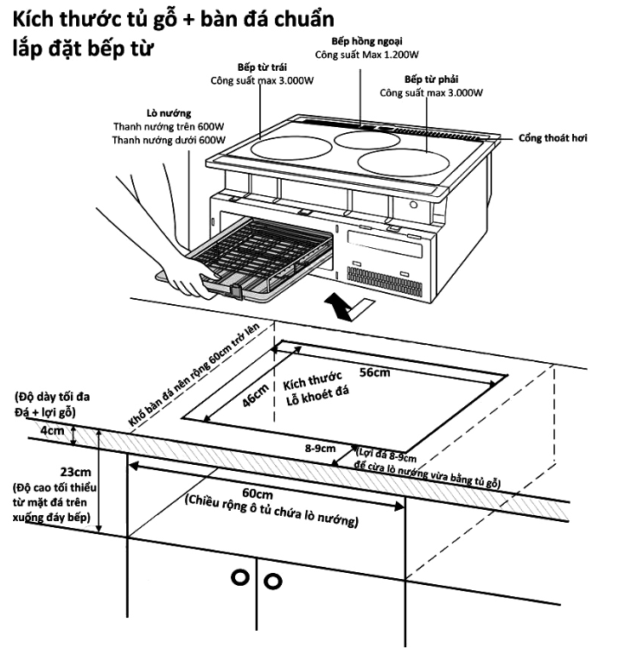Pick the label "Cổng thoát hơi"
(553, 137)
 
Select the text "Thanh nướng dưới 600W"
(169, 139)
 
